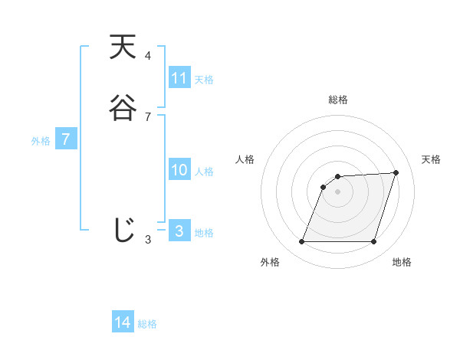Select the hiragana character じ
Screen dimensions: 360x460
coord(123,230)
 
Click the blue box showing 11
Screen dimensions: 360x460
coord(179,78)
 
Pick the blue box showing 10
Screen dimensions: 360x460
coord(179,170)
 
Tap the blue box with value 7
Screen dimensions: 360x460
coord(66,139)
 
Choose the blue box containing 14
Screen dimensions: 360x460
coord(123,322)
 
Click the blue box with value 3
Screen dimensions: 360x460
coord(179,231)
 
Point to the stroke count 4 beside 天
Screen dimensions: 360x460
coord(148,56)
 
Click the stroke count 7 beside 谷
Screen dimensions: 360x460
coord(148,117)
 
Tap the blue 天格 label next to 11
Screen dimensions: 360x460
coord(204,80)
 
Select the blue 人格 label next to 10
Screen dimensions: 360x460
coord(204,172)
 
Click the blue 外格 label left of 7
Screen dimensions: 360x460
coord(40,141)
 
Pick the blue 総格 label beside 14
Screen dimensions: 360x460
coord(147,324)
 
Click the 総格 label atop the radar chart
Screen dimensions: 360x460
coord(338,100)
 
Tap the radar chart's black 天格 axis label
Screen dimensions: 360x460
coord(432,159)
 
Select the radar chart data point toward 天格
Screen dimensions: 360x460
coord(396,172)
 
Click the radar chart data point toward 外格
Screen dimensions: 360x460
coord(301,242)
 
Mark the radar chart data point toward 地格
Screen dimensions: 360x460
coord(374,242)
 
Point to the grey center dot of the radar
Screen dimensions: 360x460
coord(338,191)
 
